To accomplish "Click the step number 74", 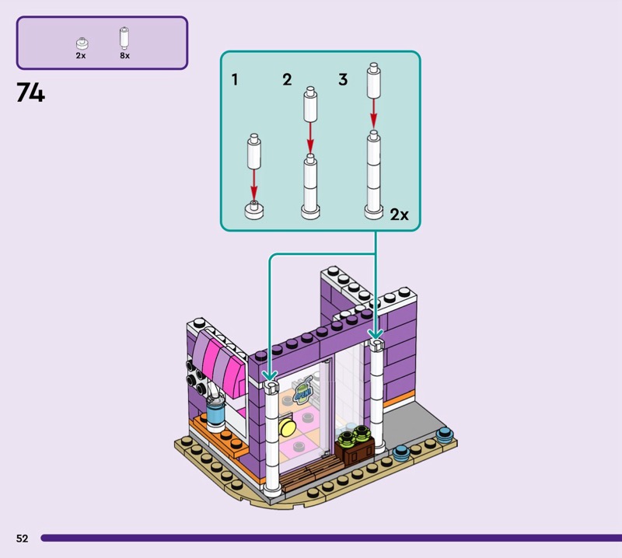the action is point(30,93).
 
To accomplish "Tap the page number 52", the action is point(22,538).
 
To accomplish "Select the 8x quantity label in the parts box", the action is point(124,56).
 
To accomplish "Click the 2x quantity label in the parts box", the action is point(81,56).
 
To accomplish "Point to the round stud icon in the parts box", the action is point(81,44).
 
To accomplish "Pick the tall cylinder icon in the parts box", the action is point(124,39).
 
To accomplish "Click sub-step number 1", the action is point(236,80).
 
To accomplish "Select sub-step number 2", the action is point(287,80).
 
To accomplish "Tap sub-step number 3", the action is point(342,80).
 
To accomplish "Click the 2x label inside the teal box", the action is point(399,214).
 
